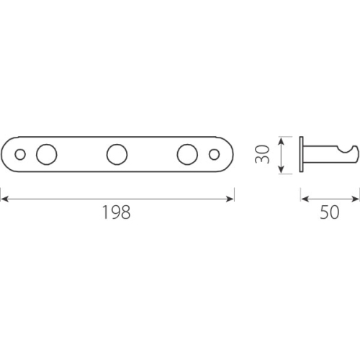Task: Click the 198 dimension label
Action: click(117, 212)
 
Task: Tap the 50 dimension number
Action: click(330, 212)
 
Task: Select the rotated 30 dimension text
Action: click(262, 154)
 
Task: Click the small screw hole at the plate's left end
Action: click(20, 154)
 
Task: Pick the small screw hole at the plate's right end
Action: click(214, 154)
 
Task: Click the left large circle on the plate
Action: click(47, 154)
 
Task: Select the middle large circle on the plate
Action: click(117, 154)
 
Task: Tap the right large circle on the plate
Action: click(187, 154)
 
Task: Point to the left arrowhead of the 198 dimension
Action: click(5, 199)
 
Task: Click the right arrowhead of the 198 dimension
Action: click(230, 199)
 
